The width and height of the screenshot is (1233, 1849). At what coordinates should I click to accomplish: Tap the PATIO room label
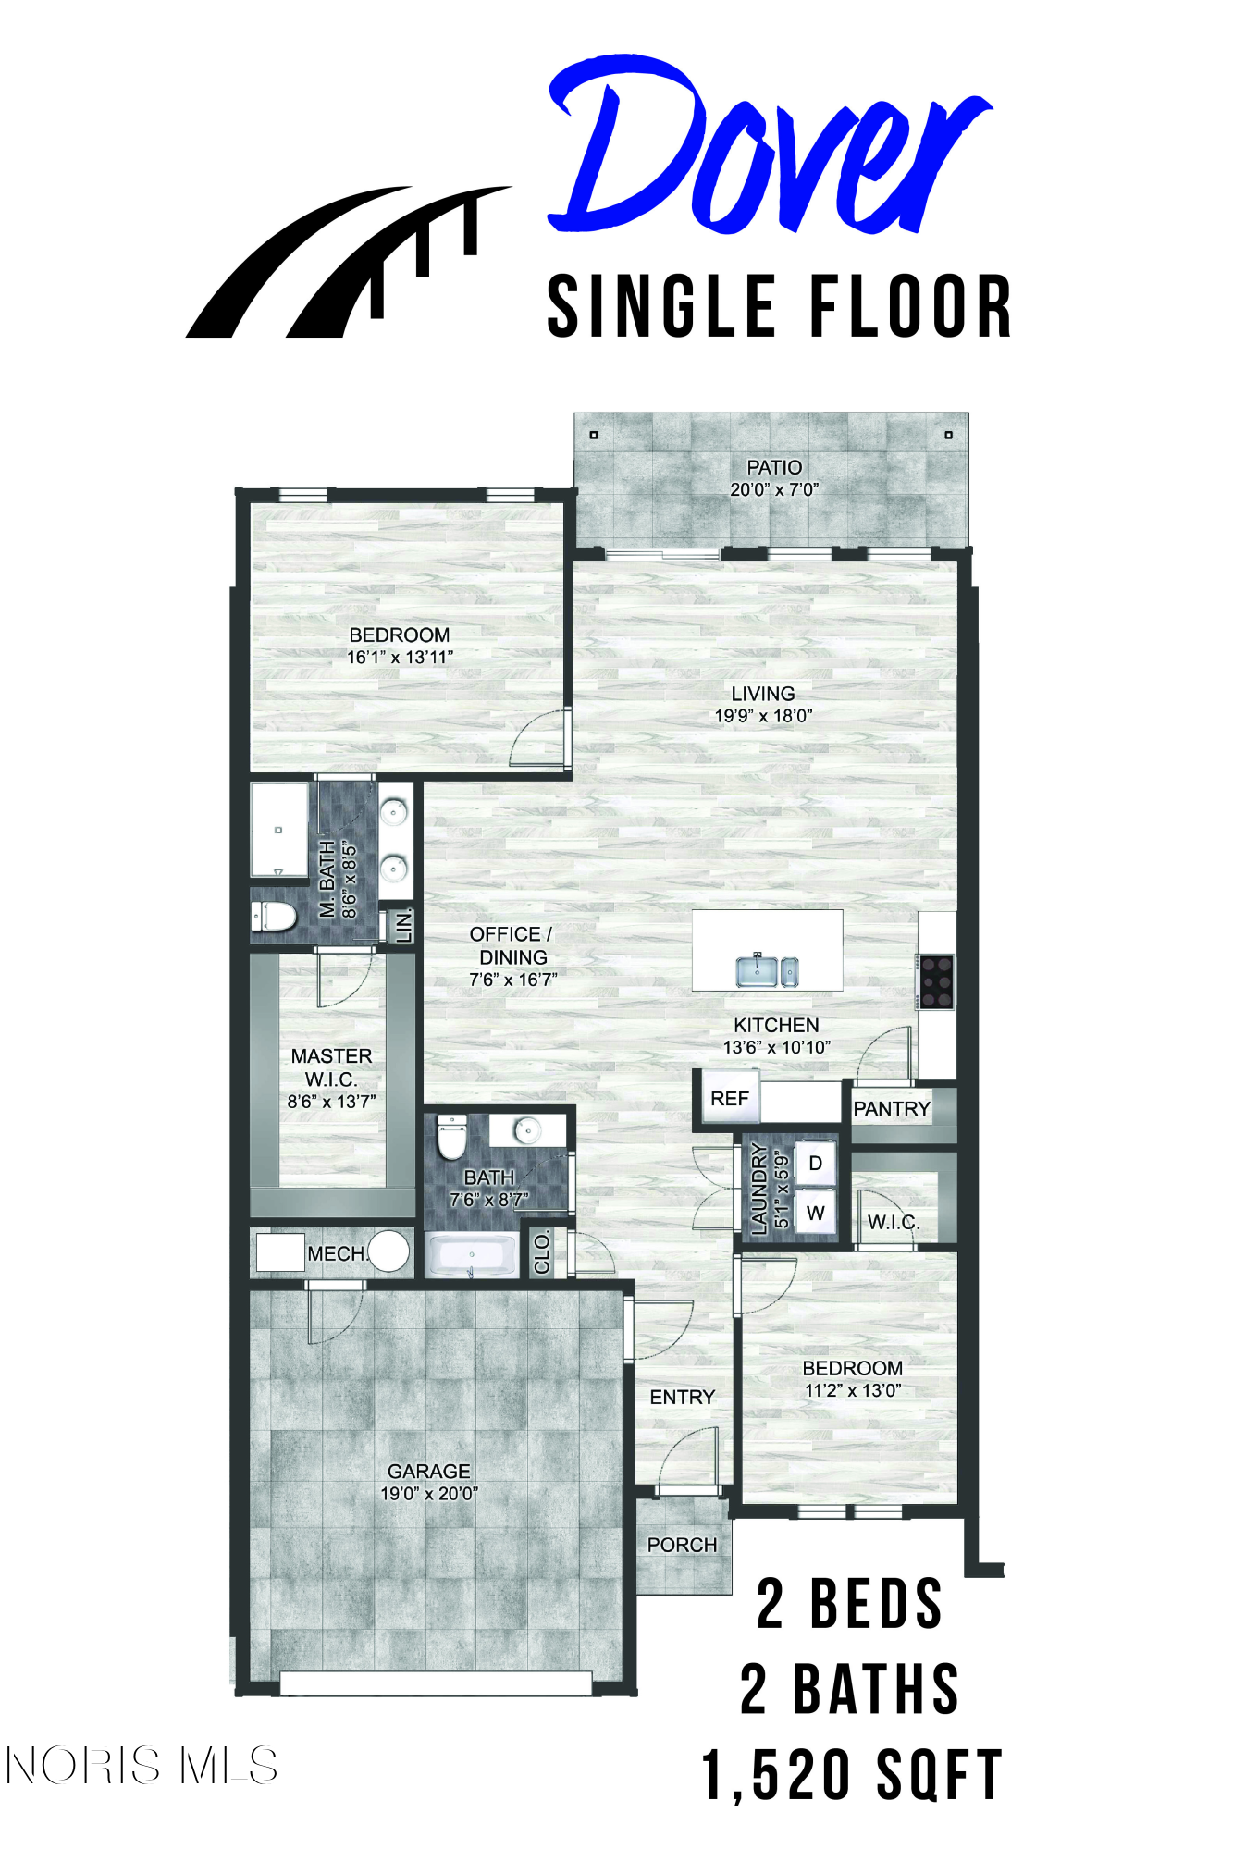pyautogui.click(x=774, y=467)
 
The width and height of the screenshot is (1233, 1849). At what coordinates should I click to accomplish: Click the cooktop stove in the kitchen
pyautogui.click(x=936, y=980)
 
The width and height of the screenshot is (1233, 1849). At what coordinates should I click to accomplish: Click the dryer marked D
pyautogui.click(x=815, y=1163)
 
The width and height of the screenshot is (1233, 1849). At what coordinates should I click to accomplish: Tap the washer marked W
pyautogui.click(x=815, y=1213)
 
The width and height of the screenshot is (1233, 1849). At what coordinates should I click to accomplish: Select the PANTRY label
pyautogui.click(x=892, y=1108)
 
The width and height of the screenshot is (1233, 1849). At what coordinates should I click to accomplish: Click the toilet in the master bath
pyautogui.click(x=274, y=917)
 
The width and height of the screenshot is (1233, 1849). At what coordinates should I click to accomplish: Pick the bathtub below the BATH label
pyautogui.click(x=472, y=1255)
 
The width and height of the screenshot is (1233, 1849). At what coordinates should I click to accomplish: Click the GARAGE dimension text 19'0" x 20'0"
pyautogui.click(x=429, y=1493)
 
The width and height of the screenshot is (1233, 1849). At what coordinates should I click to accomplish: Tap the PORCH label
pyautogui.click(x=682, y=1545)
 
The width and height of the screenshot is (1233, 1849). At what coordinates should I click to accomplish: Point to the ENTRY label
pyautogui.click(x=683, y=1397)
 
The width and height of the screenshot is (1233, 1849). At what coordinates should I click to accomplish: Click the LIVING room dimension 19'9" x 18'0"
pyautogui.click(x=763, y=715)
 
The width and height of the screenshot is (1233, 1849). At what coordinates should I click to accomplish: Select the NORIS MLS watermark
pyautogui.click(x=142, y=1766)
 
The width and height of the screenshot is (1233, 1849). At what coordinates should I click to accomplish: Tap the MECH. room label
pyautogui.click(x=337, y=1253)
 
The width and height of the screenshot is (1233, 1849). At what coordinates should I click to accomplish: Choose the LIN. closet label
pyautogui.click(x=404, y=925)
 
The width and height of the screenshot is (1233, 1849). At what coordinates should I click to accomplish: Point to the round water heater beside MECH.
pyautogui.click(x=388, y=1251)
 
